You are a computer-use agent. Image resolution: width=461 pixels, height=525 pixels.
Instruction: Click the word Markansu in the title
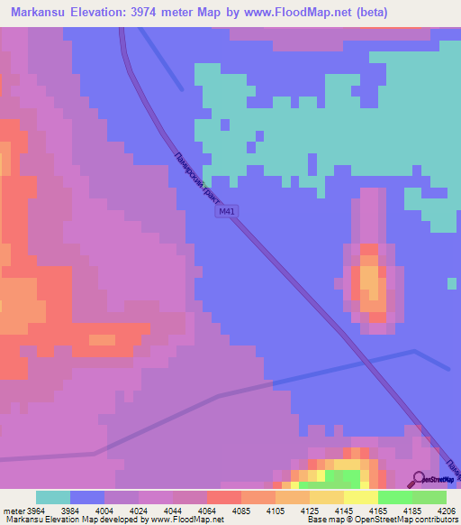pos(37,12)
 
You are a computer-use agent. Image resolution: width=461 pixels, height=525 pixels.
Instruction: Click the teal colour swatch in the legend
pos(53,497)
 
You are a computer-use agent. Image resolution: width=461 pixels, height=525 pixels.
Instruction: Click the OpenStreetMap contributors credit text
pos(406,520)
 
